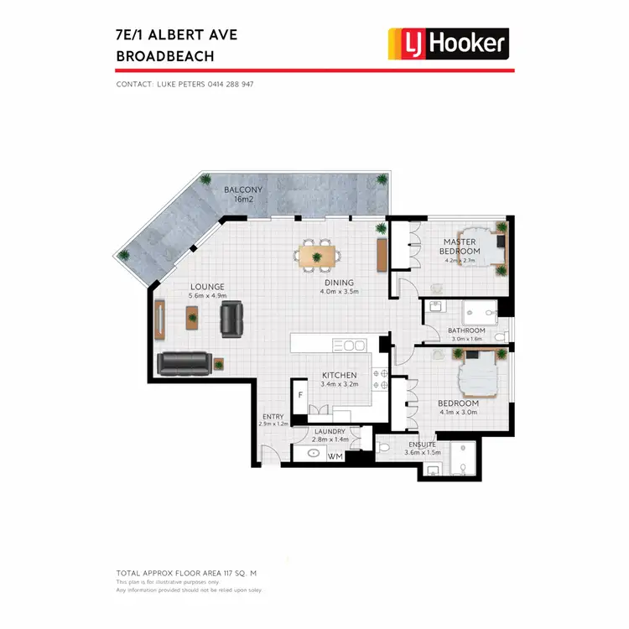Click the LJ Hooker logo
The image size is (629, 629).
tap(447, 44)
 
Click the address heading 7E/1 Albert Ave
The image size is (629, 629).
tap(177, 35)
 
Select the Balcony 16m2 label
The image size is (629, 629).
tap(243, 195)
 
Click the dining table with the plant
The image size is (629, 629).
tap(319, 254)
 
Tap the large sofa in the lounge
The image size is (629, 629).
tap(184, 363)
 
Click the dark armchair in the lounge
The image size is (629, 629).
tap(231, 319)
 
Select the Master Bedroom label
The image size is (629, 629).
tap(460, 247)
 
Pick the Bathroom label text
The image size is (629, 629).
tap(466, 330)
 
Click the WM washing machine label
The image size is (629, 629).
tap(335, 456)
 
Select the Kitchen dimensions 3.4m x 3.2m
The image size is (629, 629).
tap(340, 385)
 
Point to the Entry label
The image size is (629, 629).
tap(273, 417)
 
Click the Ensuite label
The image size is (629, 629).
tap(422, 444)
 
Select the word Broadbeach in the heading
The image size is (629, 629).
tap(165, 56)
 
